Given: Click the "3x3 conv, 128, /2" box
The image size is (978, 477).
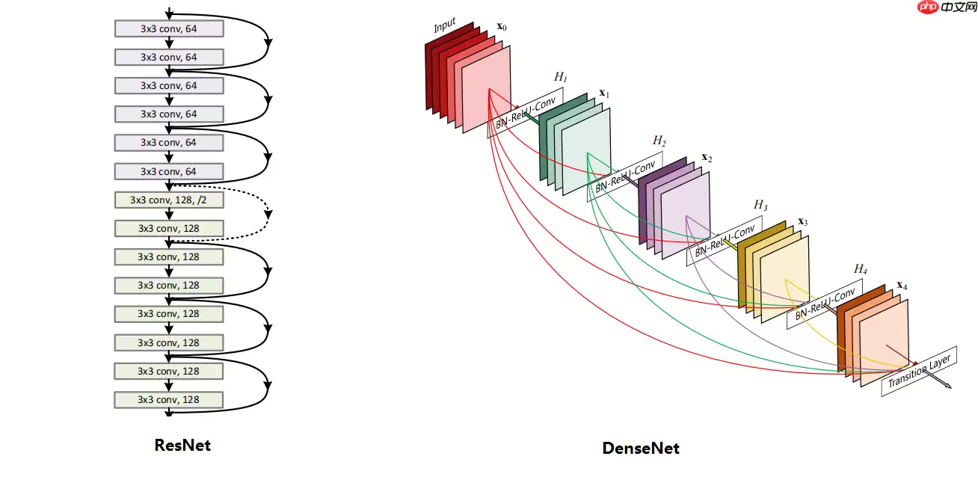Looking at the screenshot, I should point(169,200).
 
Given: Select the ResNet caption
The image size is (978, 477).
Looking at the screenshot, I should point(182,446).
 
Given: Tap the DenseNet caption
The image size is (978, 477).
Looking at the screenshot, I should point(641,449).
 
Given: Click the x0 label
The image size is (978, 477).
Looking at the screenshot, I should point(501,28).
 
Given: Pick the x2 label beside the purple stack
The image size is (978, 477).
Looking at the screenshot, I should point(707,159).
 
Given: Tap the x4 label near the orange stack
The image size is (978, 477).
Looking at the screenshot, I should point(902,286).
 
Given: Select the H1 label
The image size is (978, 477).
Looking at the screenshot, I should point(560,77).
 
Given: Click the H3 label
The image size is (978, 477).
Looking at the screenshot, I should point(760,205).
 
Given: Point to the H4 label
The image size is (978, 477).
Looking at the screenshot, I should point(861,269).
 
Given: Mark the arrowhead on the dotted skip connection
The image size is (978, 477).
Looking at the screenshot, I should point(268,215).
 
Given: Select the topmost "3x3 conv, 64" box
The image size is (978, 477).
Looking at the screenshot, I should point(169,28).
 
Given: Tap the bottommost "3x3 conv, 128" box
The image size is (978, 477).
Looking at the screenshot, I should point(169,399).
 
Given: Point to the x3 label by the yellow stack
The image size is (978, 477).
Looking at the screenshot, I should point(803,222).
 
